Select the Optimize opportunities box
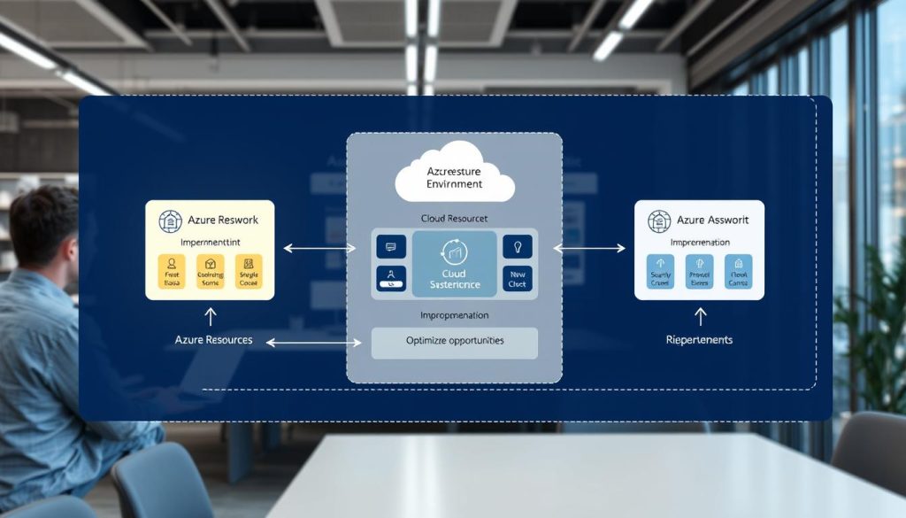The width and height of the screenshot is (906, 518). coord(454,342)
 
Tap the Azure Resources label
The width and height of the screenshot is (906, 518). coord(213,340)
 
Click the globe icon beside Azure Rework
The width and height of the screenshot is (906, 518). coord(170,221)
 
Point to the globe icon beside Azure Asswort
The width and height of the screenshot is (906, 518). coord(659,221)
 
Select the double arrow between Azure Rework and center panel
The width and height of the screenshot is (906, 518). coord(319,249)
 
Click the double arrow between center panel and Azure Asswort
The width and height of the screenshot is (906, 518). coord(588,249)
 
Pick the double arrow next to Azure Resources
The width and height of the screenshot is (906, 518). coord(314,341)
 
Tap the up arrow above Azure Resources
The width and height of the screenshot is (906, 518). coord(210,315)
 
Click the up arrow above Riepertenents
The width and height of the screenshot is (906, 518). coord(700,315)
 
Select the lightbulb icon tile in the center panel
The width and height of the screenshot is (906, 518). coord(518,247)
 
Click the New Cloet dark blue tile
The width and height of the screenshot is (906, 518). coord(518,278)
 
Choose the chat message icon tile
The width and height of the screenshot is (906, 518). coord(391,247)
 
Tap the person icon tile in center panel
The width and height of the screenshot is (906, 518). coord(391,278)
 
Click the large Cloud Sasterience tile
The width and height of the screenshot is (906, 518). coord(454,264)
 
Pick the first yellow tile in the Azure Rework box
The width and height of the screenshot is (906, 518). coord(171,273)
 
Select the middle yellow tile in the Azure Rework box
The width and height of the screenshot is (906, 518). coord(210,273)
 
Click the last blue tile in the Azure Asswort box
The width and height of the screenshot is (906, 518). coord(738,273)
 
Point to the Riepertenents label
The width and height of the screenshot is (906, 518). coord(699,340)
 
